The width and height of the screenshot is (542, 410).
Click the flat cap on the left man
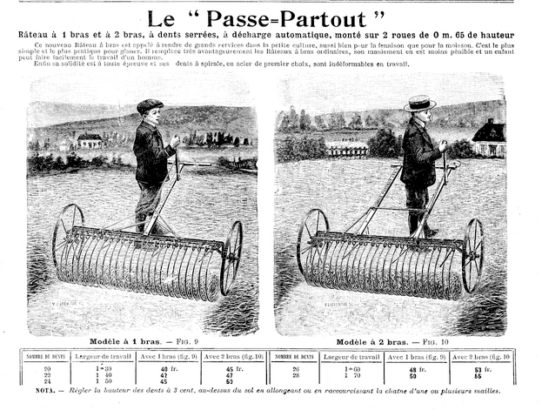point(149,105)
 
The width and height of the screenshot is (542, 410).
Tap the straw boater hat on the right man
point(420,103)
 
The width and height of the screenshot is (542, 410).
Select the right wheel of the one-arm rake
point(232,257)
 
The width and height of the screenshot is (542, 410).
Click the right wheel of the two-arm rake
point(472,254)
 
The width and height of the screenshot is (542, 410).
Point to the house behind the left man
point(90,139)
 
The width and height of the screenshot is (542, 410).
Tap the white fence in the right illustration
point(348,151)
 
